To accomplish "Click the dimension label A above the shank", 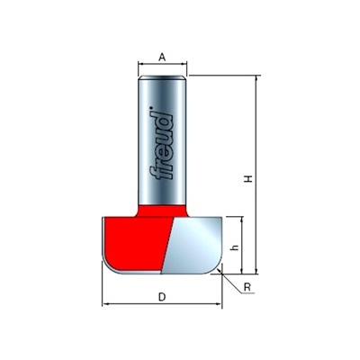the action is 162,57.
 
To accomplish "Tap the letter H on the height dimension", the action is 248,179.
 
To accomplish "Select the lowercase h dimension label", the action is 236,247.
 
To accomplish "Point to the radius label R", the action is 247,287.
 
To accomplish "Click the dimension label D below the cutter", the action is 162,297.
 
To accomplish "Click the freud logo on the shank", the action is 161,143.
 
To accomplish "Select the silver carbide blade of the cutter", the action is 193,246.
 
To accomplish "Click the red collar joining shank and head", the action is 162,211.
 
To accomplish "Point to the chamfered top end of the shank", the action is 162,77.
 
